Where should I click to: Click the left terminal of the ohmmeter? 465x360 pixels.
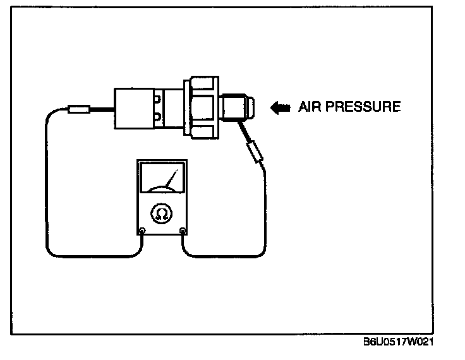(142, 231)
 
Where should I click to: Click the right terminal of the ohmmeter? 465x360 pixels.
(183, 231)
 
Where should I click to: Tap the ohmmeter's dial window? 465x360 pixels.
(162, 179)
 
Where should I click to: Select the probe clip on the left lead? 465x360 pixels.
(79, 110)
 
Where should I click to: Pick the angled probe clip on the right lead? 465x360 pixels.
(255, 152)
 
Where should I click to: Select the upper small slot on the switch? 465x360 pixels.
(156, 99)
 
